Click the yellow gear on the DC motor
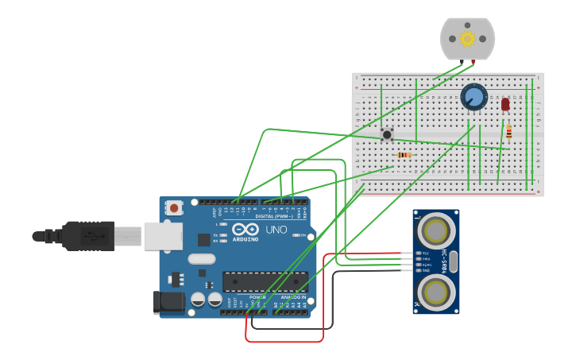[x=467, y=38]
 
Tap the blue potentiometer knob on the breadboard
[x=474, y=98]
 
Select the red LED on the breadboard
[x=505, y=104]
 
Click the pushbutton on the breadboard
[x=387, y=134]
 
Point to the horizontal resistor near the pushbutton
[x=404, y=154]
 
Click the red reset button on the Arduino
[x=174, y=208]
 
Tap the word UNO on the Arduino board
[x=276, y=230]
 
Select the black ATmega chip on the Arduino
[x=265, y=281]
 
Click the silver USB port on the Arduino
[x=163, y=236]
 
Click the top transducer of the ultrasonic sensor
[x=435, y=230]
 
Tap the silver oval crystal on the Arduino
[x=202, y=258]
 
